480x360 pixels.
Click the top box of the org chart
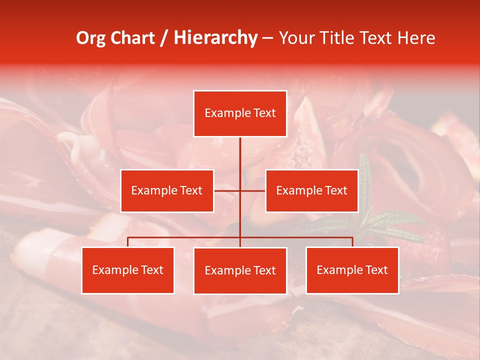tap(240, 113)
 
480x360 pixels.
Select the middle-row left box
tap(167, 190)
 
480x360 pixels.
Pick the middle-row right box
tap(311, 190)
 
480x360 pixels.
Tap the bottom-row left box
tap(128, 270)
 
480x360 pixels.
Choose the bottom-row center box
tap(240, 270)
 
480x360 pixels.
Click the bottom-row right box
tap(352, 270)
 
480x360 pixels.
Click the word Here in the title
tap(417, 38)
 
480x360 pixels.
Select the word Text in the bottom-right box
tap(376, 270)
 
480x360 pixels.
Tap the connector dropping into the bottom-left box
tap(128, 242)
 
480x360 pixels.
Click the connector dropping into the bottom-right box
tap(352, 242)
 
